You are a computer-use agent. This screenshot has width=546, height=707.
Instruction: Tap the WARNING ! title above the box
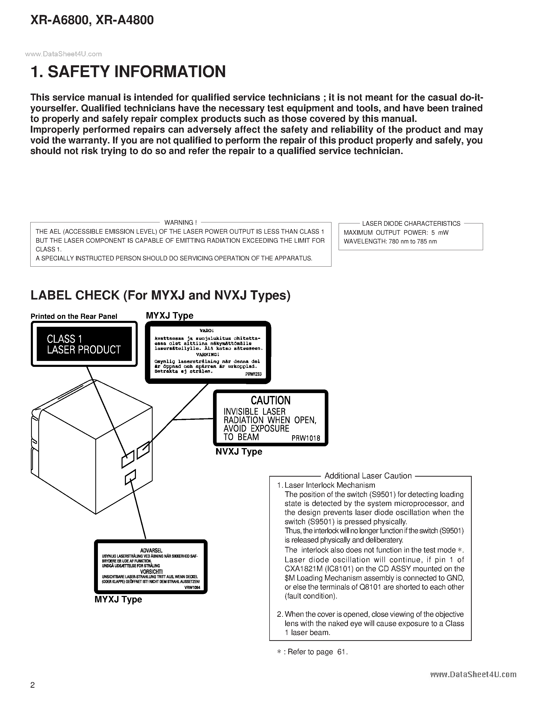point(180,222)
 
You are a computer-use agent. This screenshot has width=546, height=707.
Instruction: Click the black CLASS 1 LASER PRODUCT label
point(84,344)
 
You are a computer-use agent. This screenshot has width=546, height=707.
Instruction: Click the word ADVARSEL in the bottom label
point(151,550)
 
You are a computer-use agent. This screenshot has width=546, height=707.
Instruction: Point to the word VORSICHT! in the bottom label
point(151,572)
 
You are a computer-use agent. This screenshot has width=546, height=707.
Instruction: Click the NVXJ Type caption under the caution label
point(239,452)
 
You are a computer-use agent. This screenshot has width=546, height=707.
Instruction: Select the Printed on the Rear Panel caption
point(74,316)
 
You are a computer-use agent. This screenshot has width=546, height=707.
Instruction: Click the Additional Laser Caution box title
point(368,476)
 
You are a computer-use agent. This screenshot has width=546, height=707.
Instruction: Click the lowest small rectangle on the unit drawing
point(130,477)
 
